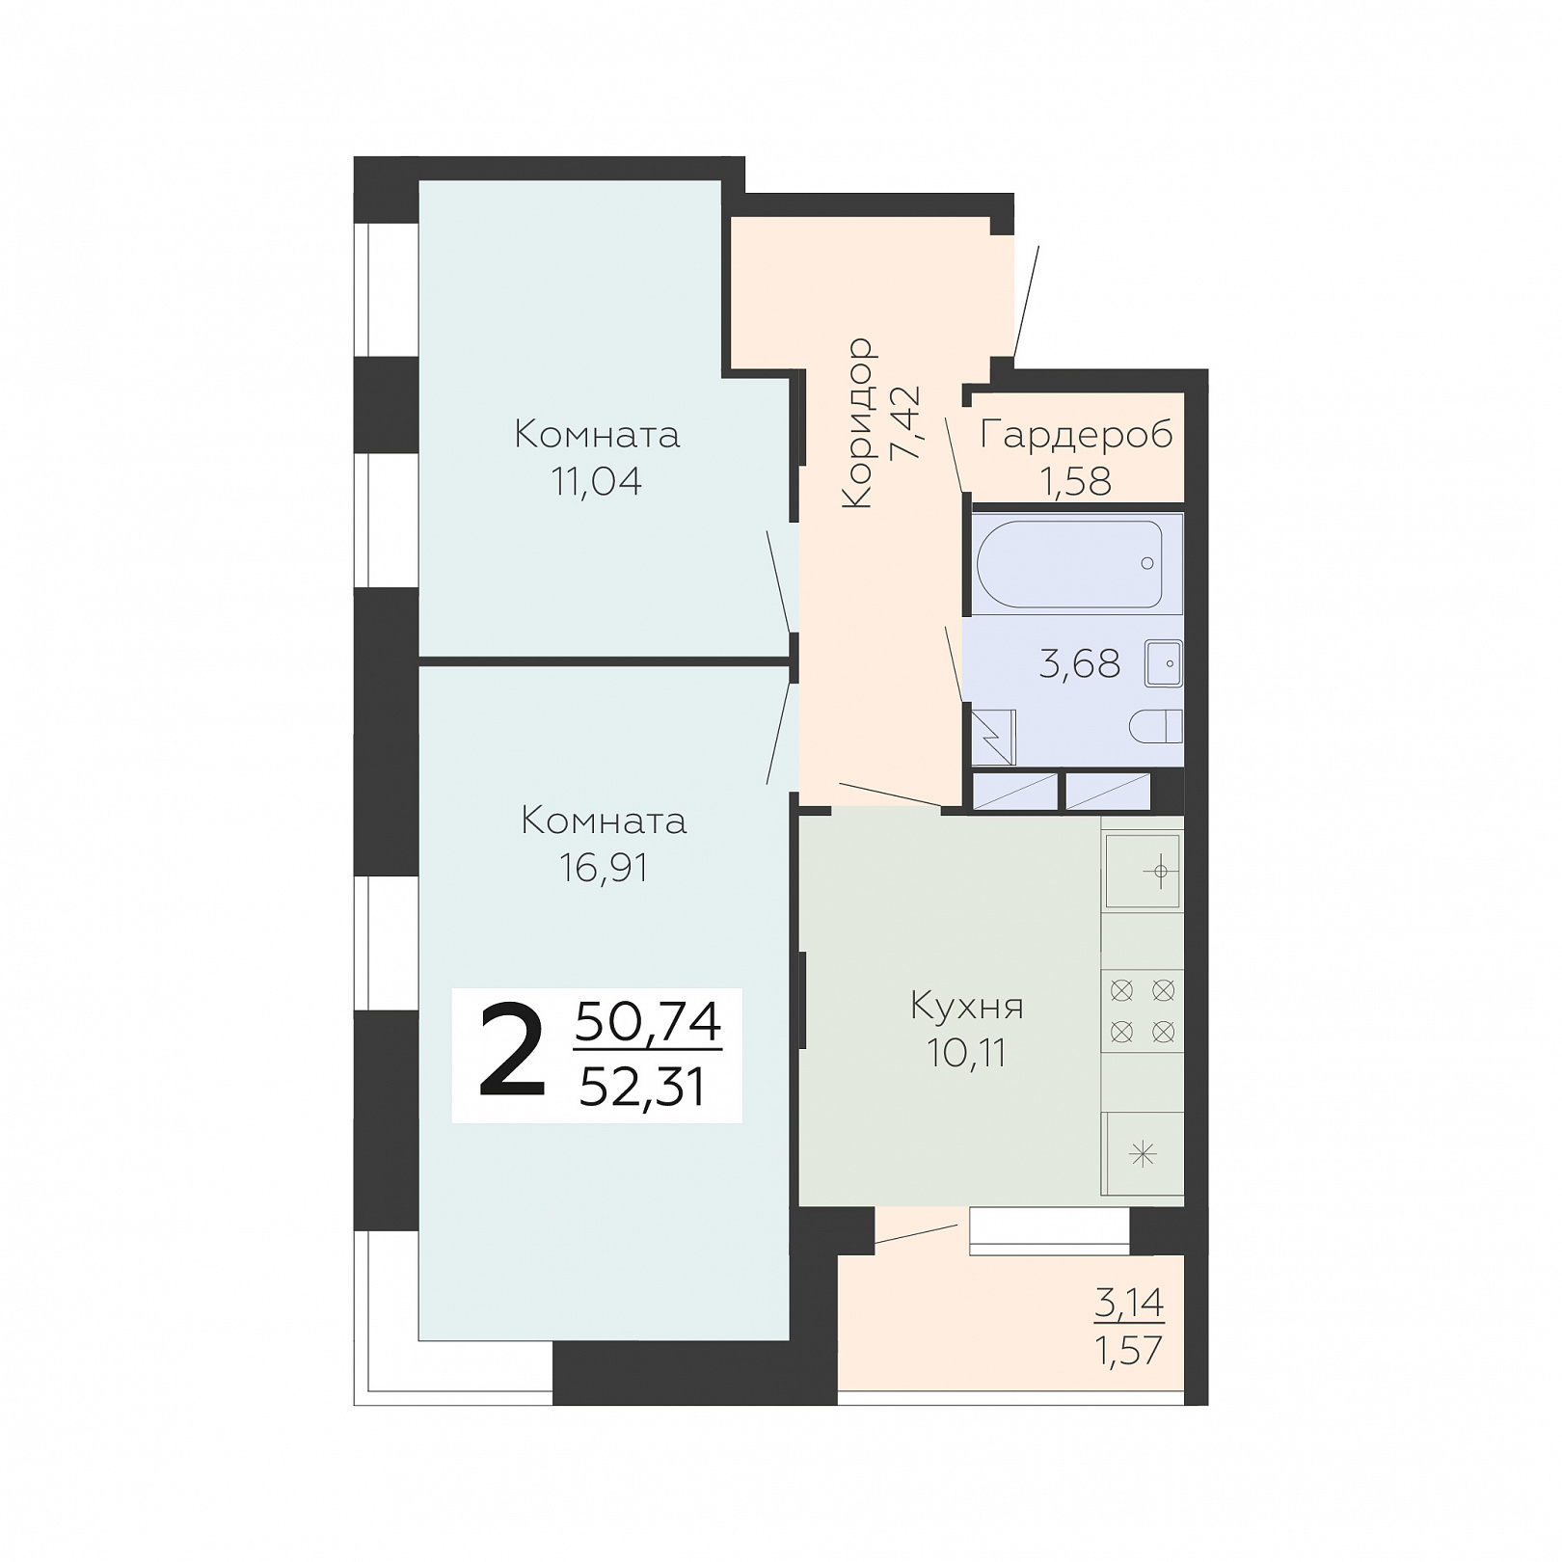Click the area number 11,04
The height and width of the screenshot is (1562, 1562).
click(596, 481)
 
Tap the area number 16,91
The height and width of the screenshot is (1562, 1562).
click(604, 868)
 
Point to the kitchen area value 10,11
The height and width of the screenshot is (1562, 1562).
click(966, 1053)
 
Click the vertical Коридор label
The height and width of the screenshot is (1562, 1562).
click(857, 422)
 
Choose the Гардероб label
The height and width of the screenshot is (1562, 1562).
click(1076, 436)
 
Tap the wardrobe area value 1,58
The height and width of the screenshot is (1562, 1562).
click(1075, 480)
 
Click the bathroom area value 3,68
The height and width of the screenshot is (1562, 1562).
click(1079, 663)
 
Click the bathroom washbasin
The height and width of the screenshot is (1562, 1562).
click(1164, 663)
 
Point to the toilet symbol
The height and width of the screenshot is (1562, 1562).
click(1155, 726)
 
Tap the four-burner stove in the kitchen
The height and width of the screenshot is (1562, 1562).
click(1143, 1010)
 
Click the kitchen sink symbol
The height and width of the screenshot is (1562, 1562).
click(1143, 872)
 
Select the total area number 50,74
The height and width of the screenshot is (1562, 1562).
click(648, 1022)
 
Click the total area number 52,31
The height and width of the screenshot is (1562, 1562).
click(642, 1088)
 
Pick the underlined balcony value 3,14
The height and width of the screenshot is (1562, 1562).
click(1129, 1304)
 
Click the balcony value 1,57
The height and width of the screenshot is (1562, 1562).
click(1129, 1350)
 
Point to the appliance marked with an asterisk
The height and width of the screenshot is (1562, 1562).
click(1143, 1153)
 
